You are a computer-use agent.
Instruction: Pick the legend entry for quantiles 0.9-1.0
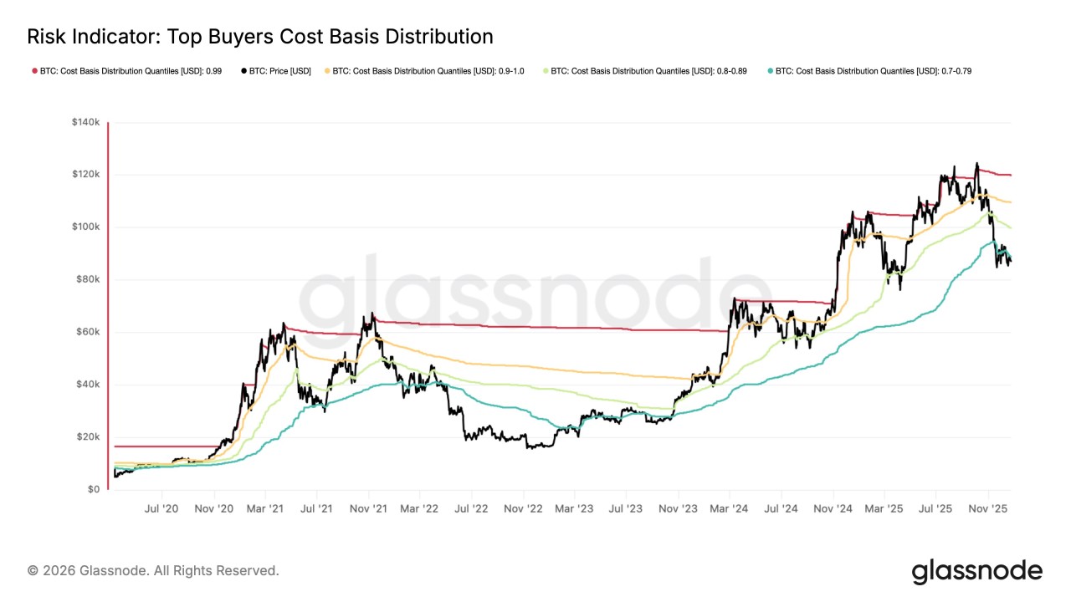[x=428, y=72]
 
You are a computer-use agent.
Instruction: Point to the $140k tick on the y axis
[x=86, y=123]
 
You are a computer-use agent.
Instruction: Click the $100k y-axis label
[x=86, y=227]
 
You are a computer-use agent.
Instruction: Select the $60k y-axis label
[x=88, y=332]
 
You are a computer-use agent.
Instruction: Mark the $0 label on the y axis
[x=93, y=489]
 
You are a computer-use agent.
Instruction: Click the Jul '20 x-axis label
[x=161, y=508]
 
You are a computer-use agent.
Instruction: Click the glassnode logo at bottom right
[x=976, y=571]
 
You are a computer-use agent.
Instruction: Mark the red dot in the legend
[x=34, y=72]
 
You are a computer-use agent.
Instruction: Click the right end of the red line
[x=1010, y=175]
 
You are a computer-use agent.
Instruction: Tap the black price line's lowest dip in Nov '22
[x=529, y=448]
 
